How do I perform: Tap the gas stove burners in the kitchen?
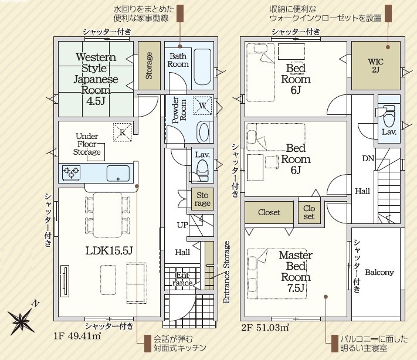pos(71,173)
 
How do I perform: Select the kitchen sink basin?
pos(118,174)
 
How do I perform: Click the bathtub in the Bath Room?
pos(202,67)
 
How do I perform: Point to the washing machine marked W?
pos(203,106)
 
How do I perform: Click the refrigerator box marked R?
pos(123,132)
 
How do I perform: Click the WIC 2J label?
pos(376,66)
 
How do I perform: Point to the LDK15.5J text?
pos(109,250)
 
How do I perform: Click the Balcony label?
pos(379,272)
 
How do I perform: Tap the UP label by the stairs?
pos(182,225)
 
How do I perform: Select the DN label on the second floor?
pos(368,159)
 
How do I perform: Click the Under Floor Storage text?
pos(87,144)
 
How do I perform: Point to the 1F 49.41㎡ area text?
pos(77,337)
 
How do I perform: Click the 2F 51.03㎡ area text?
pos(265,328)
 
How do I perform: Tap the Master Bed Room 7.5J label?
pos(296,271)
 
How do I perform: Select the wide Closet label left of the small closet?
pos(269,212)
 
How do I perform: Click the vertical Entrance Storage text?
pos(226,272)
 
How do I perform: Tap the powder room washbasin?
pos(204,132)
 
